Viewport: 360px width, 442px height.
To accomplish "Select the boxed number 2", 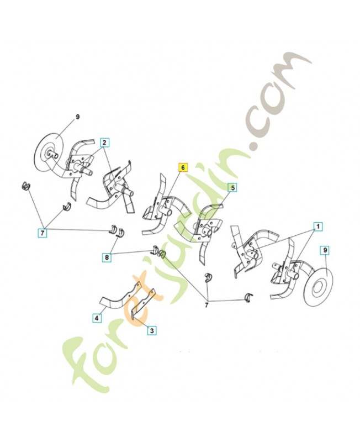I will [x=104, y=142].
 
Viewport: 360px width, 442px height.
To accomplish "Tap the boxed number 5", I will [x=232, y=188].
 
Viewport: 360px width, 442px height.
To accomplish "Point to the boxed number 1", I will [x=318, y=226].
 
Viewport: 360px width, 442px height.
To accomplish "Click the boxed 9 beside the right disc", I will [x=325, y=250].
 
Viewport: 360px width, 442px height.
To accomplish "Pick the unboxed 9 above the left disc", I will [x=78, y=117].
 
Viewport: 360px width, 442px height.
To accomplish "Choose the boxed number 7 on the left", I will [x=43, y=233].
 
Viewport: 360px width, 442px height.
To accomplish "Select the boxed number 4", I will [x=97, y=318].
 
